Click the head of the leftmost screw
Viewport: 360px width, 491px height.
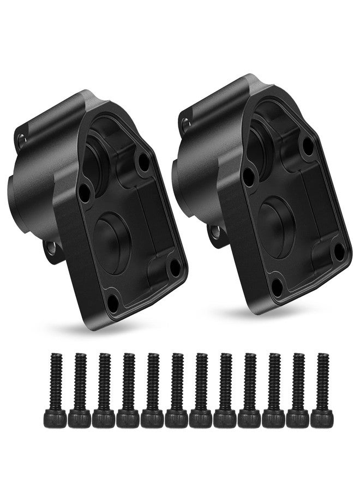(55, 419)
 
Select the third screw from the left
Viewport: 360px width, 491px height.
(104, 390)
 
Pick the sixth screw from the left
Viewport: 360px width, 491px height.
(177, 390)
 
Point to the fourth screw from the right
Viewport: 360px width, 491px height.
(249, 390)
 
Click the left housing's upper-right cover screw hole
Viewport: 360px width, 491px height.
(144, 160)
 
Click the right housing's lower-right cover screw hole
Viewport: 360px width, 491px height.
(339, 252)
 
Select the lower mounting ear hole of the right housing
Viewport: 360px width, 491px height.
(216, 232)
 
